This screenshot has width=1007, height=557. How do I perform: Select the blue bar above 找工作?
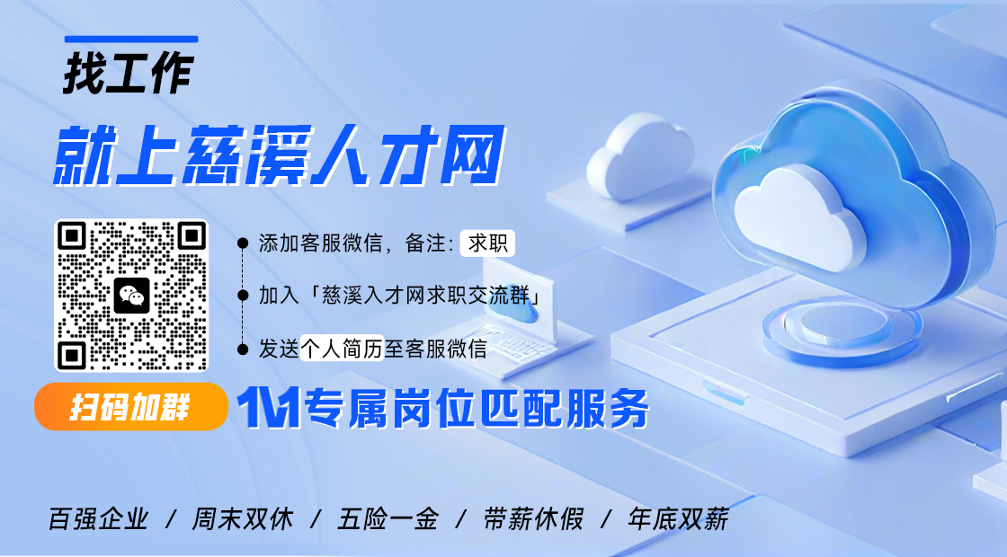pos(131,40)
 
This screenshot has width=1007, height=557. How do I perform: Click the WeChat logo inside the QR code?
pos(131,295)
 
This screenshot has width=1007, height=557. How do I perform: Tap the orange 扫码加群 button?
pos(130,407)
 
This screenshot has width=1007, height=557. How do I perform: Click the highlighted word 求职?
pos(487,243)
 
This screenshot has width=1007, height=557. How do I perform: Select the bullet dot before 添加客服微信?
pos(242,243)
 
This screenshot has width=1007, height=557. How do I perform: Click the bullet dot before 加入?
pos(242,295)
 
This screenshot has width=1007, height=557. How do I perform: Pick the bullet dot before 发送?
pos(242,349)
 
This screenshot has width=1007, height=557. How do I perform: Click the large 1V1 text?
pos(267,409)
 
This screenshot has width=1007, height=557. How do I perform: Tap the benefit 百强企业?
pos(98,519)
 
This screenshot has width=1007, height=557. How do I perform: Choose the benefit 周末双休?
pos(242,519)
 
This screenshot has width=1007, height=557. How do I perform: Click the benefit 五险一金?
pos(388,519)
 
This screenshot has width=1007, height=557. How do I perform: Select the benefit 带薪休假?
pos(533,519)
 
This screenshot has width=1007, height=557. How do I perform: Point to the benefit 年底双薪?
pos(679,519)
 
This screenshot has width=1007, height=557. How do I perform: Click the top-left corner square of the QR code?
pos(72,236)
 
